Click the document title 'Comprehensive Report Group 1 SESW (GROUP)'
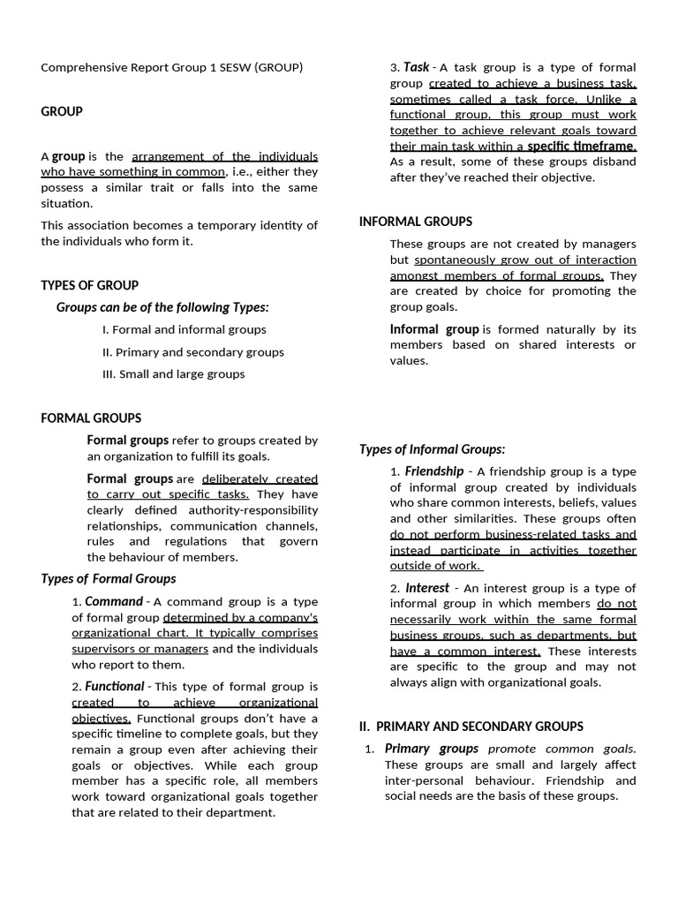point(172,67)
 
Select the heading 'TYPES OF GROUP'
point(89,285)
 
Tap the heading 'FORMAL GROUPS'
point(91,418)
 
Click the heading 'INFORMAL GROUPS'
point(415,222)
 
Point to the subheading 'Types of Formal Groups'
point(109,578)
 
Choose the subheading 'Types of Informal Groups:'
point(432,449)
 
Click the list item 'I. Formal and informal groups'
point(184,329)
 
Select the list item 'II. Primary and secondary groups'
point(192,351)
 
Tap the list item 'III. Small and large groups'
point(173,373)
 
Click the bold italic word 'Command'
point(114,601)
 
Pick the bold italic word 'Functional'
point(115,686)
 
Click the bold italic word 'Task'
point(417,67)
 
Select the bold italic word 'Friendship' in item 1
point(434,471)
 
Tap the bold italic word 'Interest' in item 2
point(427,587)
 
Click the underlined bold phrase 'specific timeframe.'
point(582,146)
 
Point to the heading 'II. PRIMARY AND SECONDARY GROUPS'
point(471,727)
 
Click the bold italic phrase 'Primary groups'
point(432,749)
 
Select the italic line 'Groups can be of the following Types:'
point(162,307)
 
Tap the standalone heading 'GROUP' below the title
point(62,111)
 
